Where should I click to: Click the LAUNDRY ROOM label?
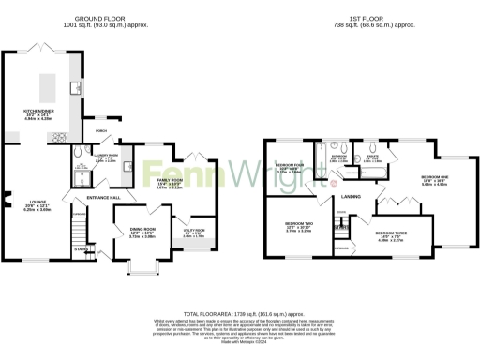(x=106, y=156)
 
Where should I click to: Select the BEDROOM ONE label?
(x=434, y=177)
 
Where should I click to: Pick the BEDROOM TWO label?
(x=299, y=223)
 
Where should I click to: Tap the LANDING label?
(x=352, y=196)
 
